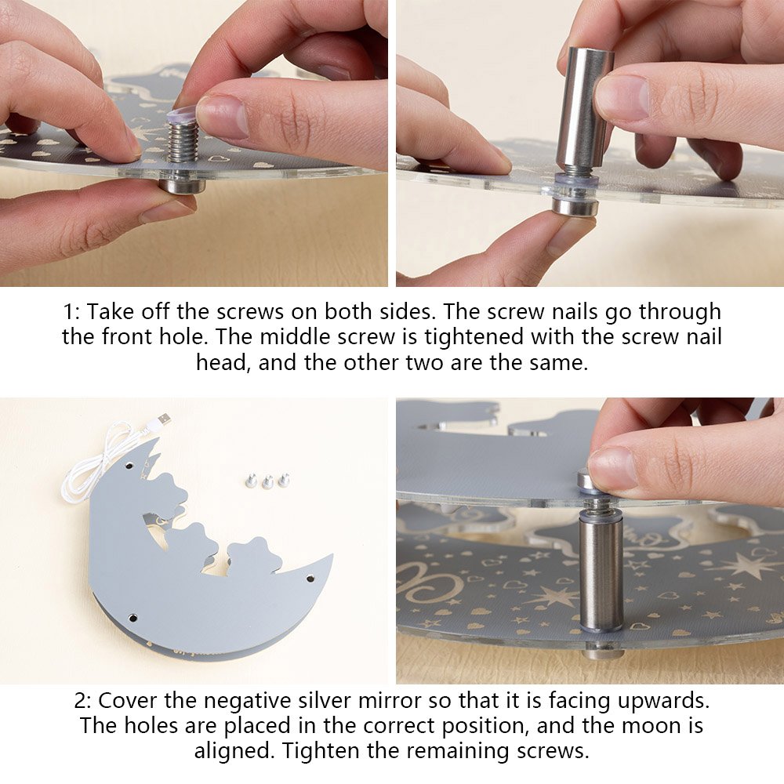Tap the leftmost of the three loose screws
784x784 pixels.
[x=252, y=481]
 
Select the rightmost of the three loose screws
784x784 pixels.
[x=284, y=480]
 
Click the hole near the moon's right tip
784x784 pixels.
[x=310, y=579]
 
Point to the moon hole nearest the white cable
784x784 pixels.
[x=129, y=466]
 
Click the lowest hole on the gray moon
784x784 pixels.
[x=133, y=618]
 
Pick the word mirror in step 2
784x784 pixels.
[x=392, y=700]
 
